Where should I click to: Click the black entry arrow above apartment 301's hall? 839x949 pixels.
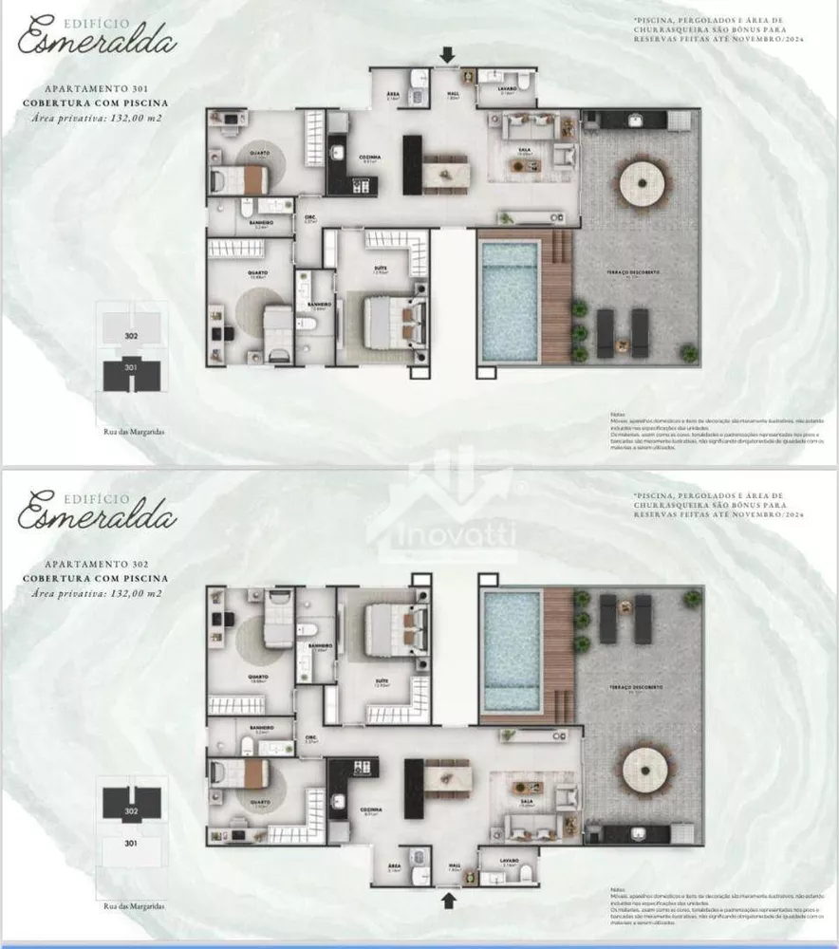pyautogui.click(x=447, y=57)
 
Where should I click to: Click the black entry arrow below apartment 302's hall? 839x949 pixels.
pyautogui.click(x=447, y=893)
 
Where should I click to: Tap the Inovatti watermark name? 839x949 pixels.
pyautogui.click(x=453, y=537)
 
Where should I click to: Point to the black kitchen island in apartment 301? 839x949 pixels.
pyautogui.click(x=412, y=164)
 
